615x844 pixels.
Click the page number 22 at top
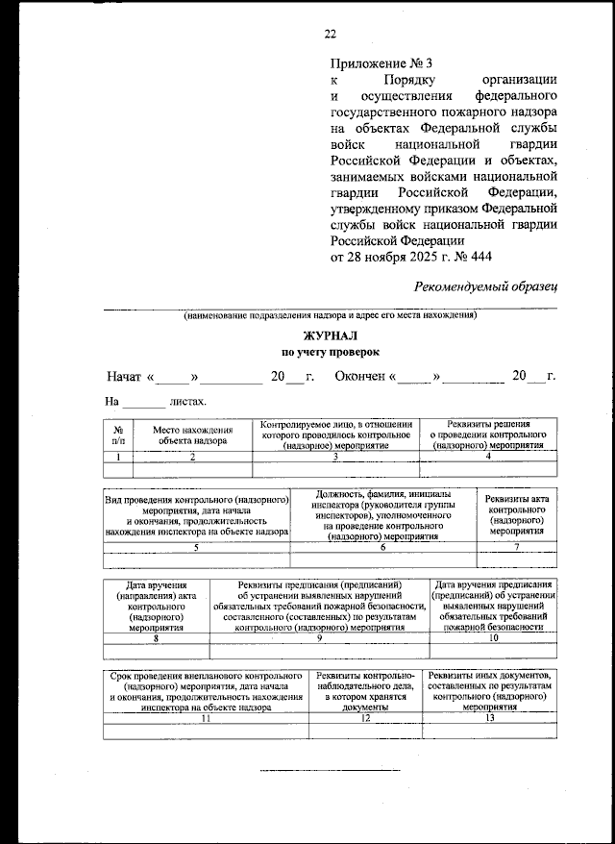(x=330, y=34)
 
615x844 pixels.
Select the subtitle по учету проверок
(x=330, y=353)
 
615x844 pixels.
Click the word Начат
(x=124, y=376)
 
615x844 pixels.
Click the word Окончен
(x=359, y=376)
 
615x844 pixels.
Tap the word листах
(x=188, y=401)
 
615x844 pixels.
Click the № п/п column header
(x=117, y=434)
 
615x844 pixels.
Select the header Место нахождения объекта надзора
(x=193, y=434)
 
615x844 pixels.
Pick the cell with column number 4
(x=488, y=458)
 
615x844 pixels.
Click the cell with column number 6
(x=382, y=547)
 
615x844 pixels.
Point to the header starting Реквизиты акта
(x=517, y=514)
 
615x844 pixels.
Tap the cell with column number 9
(x=318, y=636)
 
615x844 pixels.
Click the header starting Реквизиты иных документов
(x=490, y=689)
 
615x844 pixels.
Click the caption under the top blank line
(x=330, y=316)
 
